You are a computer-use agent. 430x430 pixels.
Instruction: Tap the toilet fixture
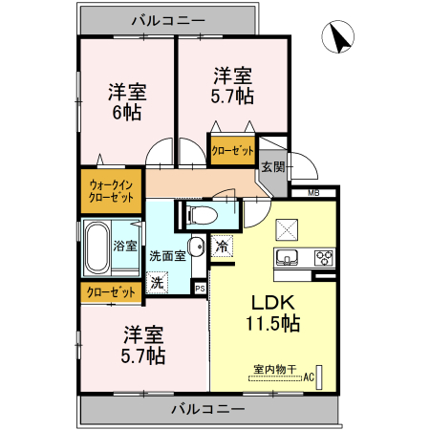[x=202, y=213]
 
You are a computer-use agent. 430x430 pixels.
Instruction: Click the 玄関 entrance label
[x=272, y=166]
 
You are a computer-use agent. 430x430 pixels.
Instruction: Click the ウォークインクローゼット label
[x=111, y=190]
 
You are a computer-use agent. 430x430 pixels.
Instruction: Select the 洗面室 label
[x=166, y=255]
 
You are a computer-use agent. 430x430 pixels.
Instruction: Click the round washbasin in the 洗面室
[x=196, y=248]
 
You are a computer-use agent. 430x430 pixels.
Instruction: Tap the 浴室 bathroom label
[x=125, y=246]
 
